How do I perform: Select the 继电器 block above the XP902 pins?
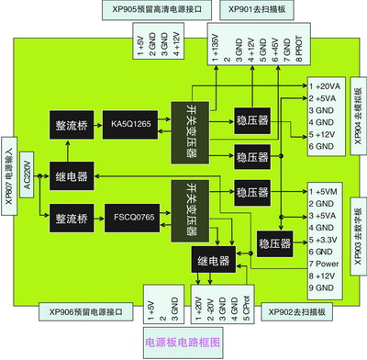point(213,260)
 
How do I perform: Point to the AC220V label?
point(27,173)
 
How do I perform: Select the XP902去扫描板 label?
point(295,311)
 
